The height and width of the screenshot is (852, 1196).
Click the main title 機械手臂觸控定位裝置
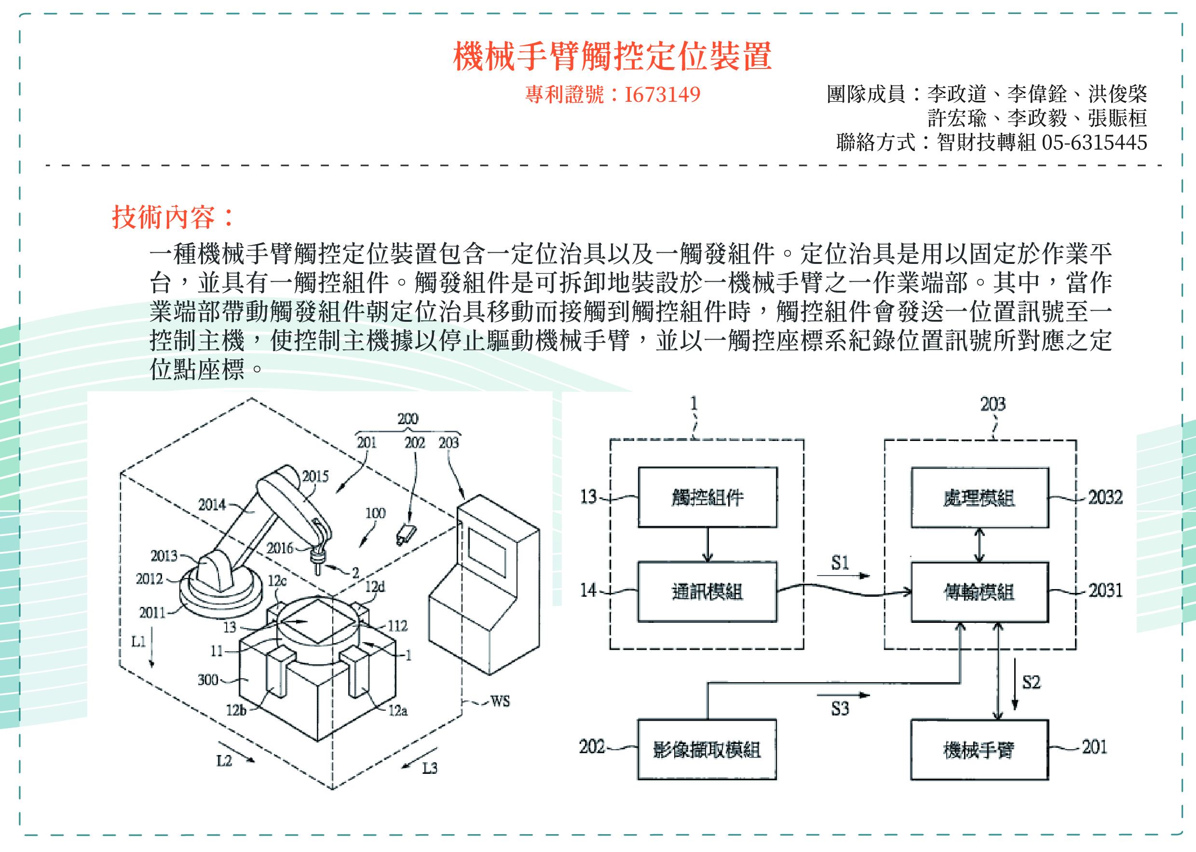tap(612, 56)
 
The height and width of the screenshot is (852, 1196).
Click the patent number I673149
tap(662, 95)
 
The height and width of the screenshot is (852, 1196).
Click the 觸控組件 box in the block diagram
tap(707, 497)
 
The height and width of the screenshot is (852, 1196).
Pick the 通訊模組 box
tap(707, 592)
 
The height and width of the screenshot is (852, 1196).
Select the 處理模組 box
tap(979, 497)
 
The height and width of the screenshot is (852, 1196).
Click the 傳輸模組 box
tap(979, 592)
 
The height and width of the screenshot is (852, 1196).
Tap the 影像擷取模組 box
tap(707, 750)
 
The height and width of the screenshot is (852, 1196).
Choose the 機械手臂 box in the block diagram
tap(979, 750)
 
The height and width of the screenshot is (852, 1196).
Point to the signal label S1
tap(840, 563)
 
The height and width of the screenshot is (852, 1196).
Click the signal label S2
tap(1031, 682)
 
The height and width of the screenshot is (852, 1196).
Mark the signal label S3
tap(840, 709)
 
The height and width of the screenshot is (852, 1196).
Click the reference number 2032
tap(1105, 497)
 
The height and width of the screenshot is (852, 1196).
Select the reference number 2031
tap(1105, 591)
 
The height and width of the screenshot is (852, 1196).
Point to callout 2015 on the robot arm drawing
tap(315, 476)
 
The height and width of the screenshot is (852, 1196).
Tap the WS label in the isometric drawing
tap(500, 701)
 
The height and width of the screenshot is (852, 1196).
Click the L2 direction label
tap(224, 760)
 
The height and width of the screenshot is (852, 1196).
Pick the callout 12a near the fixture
tap(397, 710)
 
